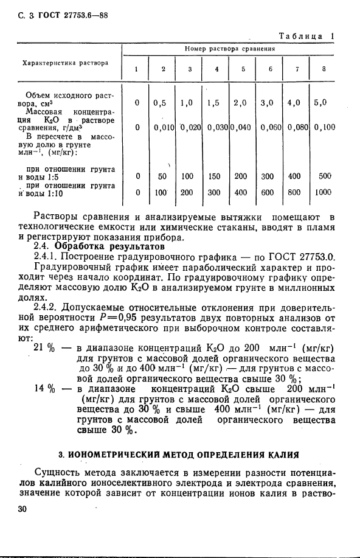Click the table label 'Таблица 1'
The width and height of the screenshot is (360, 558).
coord(306,37)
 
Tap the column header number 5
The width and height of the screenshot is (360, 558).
coord(243,69)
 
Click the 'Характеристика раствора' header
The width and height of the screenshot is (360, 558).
coord(66,62)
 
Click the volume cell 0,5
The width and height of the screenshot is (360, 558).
coord(161,103)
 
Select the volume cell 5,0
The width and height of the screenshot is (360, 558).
coord(320,103)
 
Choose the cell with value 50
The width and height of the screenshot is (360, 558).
coord(162,176)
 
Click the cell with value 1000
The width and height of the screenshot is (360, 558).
coord(324,192)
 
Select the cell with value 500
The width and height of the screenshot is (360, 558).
coord(324,176)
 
